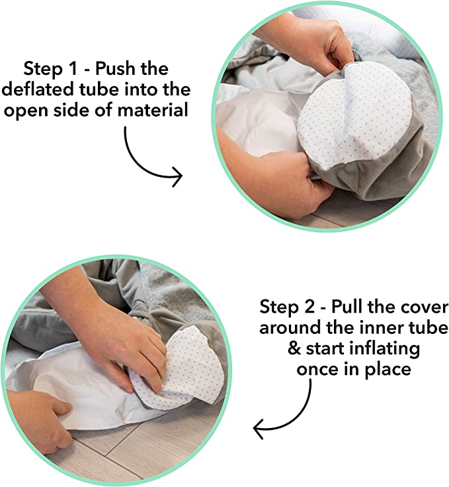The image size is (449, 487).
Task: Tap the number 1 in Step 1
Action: [x=73, y=69]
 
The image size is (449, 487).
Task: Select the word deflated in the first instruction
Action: [x=38, y=89]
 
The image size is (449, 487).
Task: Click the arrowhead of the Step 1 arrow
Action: [x=177, y=177]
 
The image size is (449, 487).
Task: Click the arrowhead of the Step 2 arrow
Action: [x=259, y=429]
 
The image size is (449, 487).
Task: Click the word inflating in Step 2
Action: [x=385, y=350]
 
